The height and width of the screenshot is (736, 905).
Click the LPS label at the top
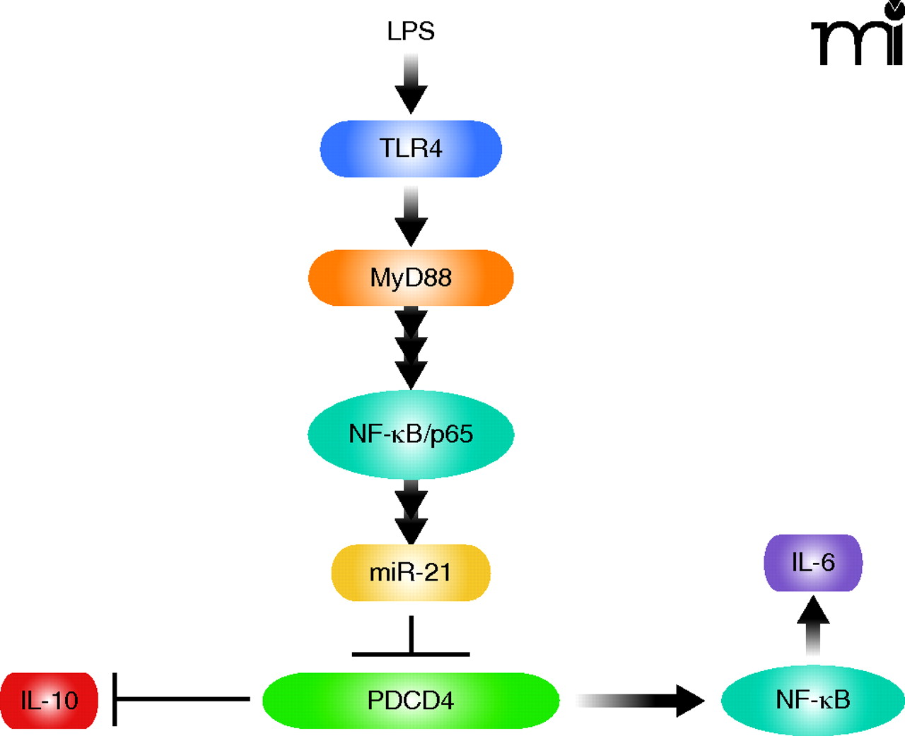click(411, 31)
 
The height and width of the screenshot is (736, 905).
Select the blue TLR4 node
click(411, 148)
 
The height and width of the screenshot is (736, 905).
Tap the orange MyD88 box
click(411, 278)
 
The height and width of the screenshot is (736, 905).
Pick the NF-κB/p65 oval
click(411, 434)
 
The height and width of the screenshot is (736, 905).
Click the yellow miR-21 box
click(411, 572)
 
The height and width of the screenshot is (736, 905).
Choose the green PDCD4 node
click(411, 700)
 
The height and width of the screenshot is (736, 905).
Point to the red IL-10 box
click(49, 700)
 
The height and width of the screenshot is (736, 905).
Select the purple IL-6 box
click(813, 563)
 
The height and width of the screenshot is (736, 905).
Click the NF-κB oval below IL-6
click(813, 700)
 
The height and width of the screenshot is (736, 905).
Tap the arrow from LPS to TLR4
click(411, 85)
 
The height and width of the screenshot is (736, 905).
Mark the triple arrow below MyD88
click(411, 348)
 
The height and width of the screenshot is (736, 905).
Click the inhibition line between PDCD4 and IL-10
click(182, 699)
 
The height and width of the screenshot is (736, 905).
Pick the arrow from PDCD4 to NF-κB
click(640, 700)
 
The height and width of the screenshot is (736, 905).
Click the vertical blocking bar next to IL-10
click(115, 699)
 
